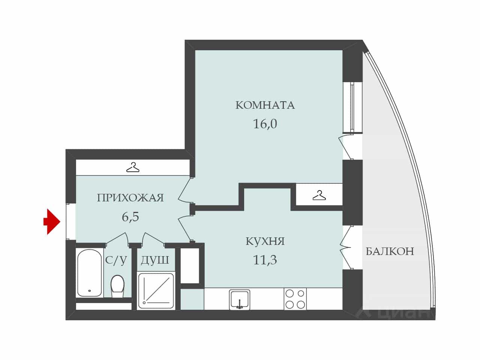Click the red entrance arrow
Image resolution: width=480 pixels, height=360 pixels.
(52, 222)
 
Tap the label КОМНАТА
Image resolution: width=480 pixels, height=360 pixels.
(265, 105)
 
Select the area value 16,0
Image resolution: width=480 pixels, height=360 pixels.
(265, 124)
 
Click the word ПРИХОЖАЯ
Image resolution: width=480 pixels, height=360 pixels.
(130, 198)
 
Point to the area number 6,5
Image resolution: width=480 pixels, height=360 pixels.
(130, 217)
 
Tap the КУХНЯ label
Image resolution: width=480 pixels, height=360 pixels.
(265, 241)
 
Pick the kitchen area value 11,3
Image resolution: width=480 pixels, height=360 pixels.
(265, 260)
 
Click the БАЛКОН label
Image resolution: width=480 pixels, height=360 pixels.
(390, 251)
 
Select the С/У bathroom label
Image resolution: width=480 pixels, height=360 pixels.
(116, 260)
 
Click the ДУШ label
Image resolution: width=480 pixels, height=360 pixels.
(155, 260)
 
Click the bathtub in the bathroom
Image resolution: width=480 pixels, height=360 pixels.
(90, 273)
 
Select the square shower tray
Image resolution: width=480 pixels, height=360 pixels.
(156, 291)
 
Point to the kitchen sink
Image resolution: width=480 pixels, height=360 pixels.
(240, 300)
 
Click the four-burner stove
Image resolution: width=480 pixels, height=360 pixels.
(295, 299)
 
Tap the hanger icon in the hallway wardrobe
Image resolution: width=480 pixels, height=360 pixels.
(133, 167)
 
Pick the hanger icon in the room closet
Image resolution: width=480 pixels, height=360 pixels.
(319, 195)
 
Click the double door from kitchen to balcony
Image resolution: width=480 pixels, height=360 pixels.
(346, 247)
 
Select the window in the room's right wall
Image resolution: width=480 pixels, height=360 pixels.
(352, 107)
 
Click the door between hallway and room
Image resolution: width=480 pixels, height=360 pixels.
(185, 190)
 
